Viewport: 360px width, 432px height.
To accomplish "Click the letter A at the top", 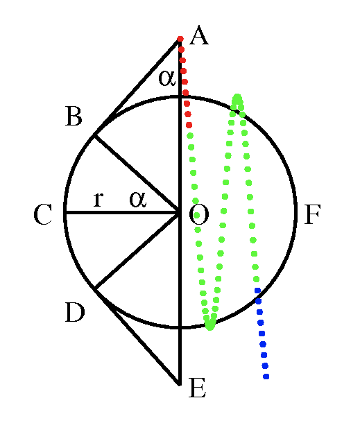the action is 199,35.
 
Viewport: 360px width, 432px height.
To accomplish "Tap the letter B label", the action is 74,116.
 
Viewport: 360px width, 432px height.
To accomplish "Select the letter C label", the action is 43,214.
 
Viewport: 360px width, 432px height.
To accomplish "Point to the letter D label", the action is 75,312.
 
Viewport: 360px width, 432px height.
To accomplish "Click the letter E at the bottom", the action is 197,388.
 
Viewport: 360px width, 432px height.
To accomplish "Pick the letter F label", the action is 313,214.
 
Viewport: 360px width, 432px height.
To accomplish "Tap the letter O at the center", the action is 199,214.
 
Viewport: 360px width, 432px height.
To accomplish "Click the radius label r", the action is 98,199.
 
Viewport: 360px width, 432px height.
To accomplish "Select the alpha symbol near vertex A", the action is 167,78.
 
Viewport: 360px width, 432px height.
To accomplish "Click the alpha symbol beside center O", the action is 138,199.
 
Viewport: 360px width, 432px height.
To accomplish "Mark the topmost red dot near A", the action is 180,39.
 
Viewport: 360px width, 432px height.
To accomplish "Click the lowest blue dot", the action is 266,377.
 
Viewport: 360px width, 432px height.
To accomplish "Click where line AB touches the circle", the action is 94,135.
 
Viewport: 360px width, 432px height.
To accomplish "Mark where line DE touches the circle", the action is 94,288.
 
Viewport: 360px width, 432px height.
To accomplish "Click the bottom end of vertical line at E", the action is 180,385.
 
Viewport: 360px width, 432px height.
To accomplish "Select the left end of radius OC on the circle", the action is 65,212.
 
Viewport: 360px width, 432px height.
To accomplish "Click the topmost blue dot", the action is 258,291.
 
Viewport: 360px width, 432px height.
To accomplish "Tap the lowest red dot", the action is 189,126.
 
